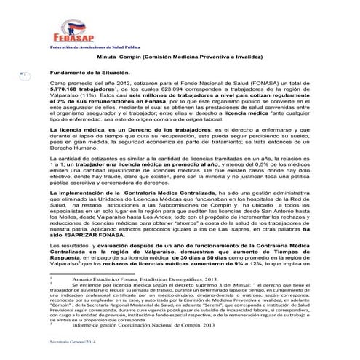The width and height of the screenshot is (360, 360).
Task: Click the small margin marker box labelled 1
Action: pyautogui.click(x=23, y=75)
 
